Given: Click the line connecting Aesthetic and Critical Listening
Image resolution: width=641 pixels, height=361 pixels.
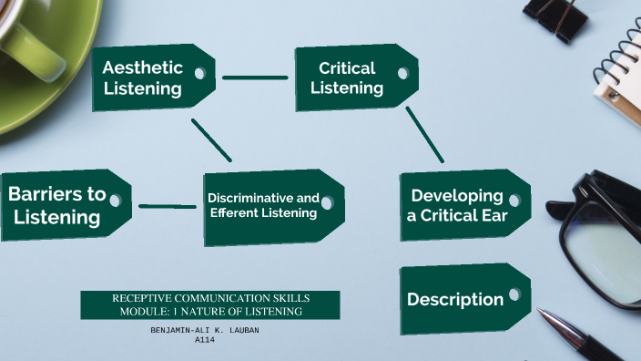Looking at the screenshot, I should (254, 77).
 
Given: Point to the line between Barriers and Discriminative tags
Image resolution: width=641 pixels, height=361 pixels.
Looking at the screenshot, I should (168, 206).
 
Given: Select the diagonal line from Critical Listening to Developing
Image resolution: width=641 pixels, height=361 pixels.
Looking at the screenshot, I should (424, 134).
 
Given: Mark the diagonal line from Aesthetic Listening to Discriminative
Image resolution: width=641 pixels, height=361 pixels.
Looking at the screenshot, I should (212, 139).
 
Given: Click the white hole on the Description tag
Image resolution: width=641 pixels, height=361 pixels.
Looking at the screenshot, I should (514, 294).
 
